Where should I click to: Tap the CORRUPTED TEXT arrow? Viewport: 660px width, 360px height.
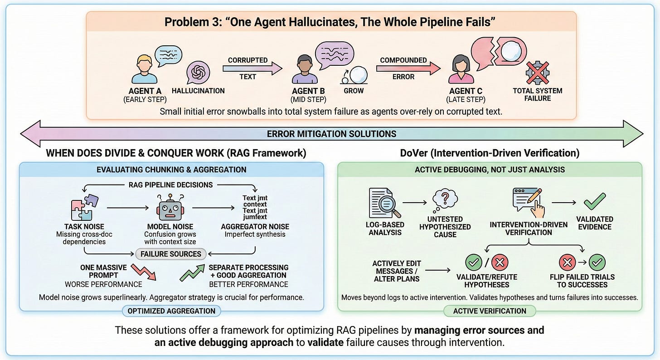[x=252, y=68]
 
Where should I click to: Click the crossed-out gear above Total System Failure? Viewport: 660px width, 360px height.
[x=537, y=73]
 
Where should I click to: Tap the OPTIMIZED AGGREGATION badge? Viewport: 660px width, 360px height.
[x=171, y=311]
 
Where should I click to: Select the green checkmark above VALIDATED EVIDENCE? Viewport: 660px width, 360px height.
[x=594, y=201]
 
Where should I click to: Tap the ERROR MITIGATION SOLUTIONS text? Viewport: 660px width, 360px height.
[x=331, y=134]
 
